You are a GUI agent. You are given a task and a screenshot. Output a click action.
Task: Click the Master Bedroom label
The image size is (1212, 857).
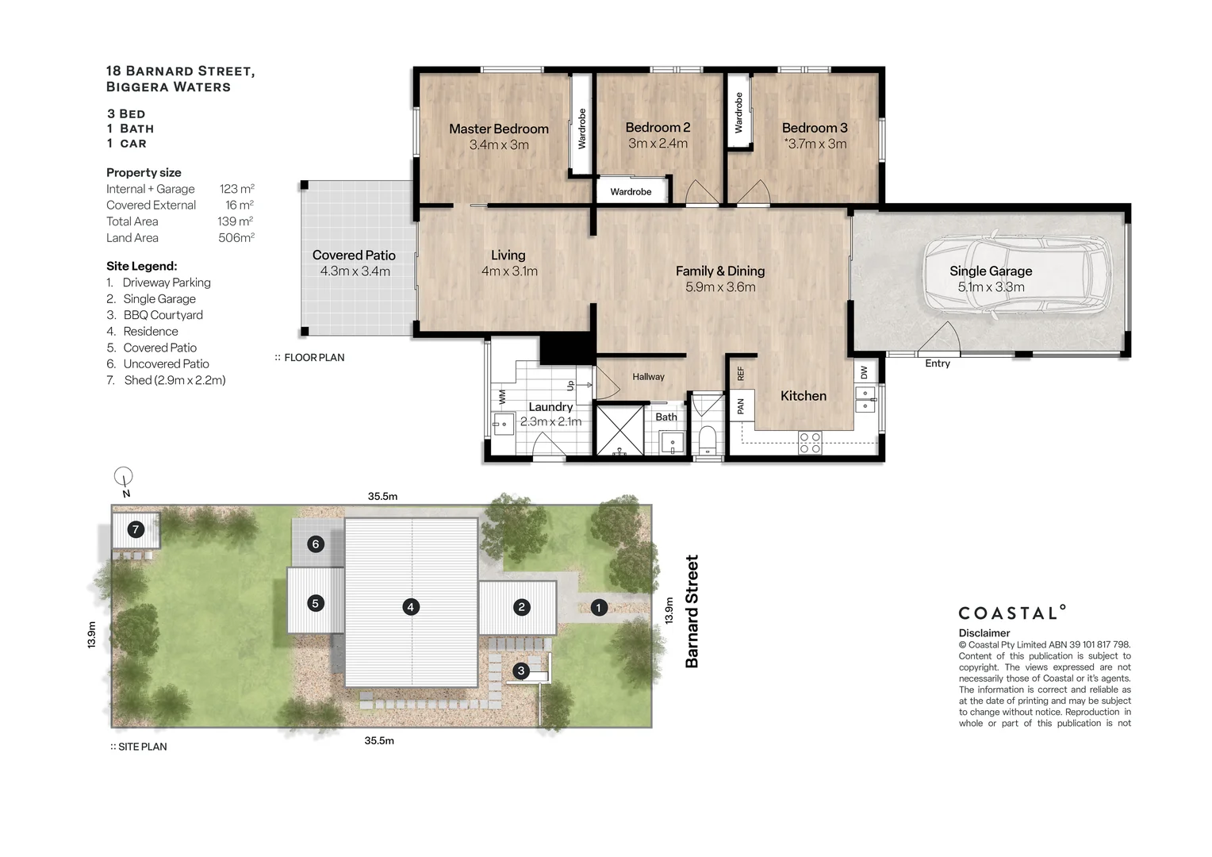[498, 129]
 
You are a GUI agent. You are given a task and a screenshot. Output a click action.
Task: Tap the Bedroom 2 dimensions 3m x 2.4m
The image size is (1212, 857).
[658, 144]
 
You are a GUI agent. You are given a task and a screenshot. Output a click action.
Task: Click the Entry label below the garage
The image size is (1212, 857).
[937, 363]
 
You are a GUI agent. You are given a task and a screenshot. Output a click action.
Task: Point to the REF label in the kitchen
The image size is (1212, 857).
[741, 374]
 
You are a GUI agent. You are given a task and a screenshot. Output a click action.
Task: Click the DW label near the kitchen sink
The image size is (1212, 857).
[864, 372]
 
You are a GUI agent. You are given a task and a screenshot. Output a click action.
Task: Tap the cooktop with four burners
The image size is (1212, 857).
[811, 442]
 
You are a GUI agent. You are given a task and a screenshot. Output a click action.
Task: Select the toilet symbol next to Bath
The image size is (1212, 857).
[708, 440]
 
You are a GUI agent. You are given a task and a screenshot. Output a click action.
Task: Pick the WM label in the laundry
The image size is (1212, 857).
[502, 397]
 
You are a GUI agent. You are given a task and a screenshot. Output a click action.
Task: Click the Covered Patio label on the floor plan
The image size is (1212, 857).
[354, 255]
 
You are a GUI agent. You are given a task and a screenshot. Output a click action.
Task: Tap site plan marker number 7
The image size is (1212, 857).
[136, 529]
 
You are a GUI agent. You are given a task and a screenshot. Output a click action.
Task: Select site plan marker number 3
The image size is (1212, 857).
[521, 671]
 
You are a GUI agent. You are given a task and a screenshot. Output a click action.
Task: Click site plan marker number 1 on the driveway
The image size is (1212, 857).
[598, 607]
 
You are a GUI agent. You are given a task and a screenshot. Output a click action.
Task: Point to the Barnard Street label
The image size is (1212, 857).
[692, 611]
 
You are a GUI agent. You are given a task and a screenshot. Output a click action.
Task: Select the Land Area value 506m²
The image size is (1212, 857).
[236, 238]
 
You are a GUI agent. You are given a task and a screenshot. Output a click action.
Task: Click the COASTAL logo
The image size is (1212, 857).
[1012, 613]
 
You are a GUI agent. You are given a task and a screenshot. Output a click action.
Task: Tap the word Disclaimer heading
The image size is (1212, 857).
[984, 633]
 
